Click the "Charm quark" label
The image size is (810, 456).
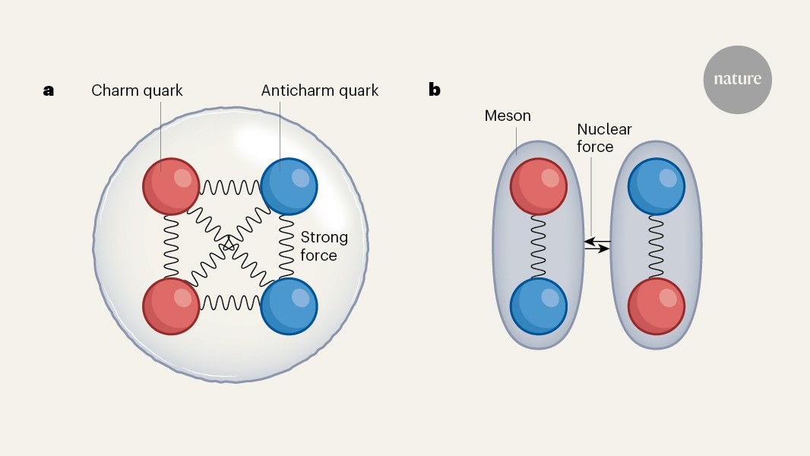click(137, 91)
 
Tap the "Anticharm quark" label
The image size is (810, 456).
click(319, 91)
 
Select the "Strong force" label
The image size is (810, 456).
click(324, 246)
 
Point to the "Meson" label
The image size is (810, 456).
click(508, 116)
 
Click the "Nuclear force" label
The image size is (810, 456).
click(604, 138)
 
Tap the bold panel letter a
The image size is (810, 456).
click(49, 90)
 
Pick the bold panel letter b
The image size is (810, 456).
click(435, 90)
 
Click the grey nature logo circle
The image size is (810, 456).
click(737, 81)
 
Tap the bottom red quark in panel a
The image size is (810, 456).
click(172, 306)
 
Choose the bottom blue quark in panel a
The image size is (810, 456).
click(289, 306)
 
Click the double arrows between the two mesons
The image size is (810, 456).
click(597, 245)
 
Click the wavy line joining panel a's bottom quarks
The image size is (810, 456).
click(230, 304)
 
